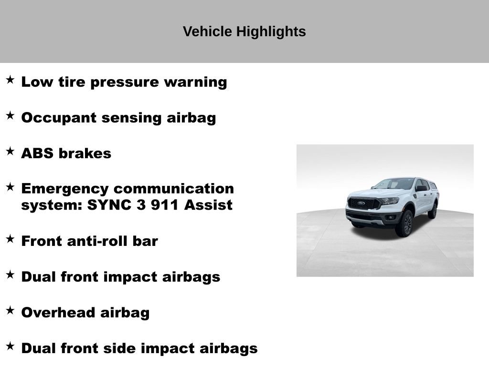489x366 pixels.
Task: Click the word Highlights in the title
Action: pos(271,32)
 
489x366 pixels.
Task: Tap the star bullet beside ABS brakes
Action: pos(10,152)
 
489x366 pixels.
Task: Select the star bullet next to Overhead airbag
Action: pos(10,311)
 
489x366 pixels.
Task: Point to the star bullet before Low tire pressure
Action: pos(10,80)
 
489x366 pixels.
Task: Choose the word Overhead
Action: pos(58,313)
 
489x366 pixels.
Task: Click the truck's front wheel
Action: pos(405,224)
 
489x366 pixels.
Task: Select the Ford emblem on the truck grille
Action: pos(361,203)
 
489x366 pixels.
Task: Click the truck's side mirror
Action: pos(421,188)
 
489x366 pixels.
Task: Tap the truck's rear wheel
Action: pos(433,210)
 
